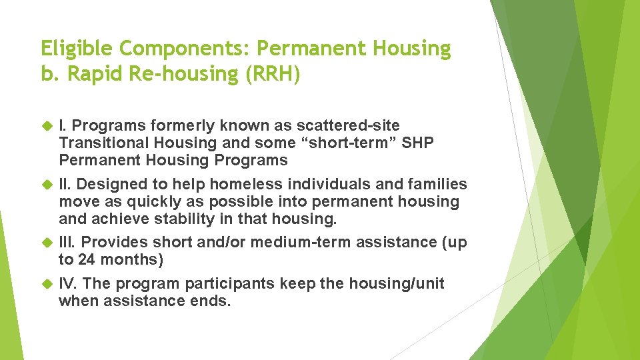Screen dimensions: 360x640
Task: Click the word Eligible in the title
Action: pos(74,49)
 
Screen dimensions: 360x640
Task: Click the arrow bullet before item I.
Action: pos(47,125)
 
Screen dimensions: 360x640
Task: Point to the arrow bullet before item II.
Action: pos(47,184)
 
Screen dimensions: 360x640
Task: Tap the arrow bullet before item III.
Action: pos(47,243)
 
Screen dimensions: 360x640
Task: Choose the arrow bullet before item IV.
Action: pos(47,284)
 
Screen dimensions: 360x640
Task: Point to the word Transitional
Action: pos(99,143)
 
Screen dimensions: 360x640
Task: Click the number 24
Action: pos(87,260)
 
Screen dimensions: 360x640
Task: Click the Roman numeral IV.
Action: pos(67,284)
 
